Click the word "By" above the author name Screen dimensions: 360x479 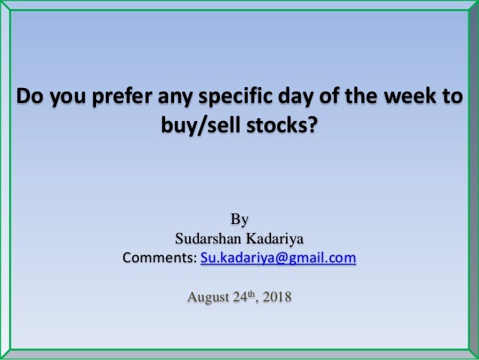click(x=239, y=220)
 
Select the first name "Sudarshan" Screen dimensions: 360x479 click(x=206, y=240)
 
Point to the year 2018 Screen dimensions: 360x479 click(x=279, y=301)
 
